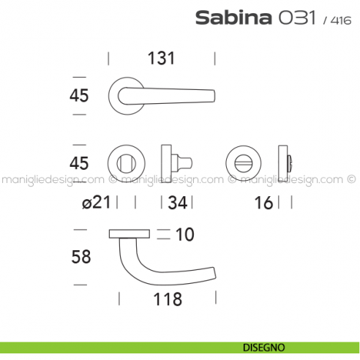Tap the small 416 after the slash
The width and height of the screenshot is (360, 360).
(x=338, y=20)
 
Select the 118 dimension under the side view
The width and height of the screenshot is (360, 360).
(x=168, y=299)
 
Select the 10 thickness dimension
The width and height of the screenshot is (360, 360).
(x=185, y=235)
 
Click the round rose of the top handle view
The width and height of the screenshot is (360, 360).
(x=124, y=95)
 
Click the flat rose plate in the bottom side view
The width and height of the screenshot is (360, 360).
(x=129, y=233)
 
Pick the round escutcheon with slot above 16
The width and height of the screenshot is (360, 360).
(x=241, y=161)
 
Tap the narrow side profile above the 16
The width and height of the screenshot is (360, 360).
(x=285, y=161)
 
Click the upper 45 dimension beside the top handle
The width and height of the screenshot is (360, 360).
(x=79, y=95)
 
